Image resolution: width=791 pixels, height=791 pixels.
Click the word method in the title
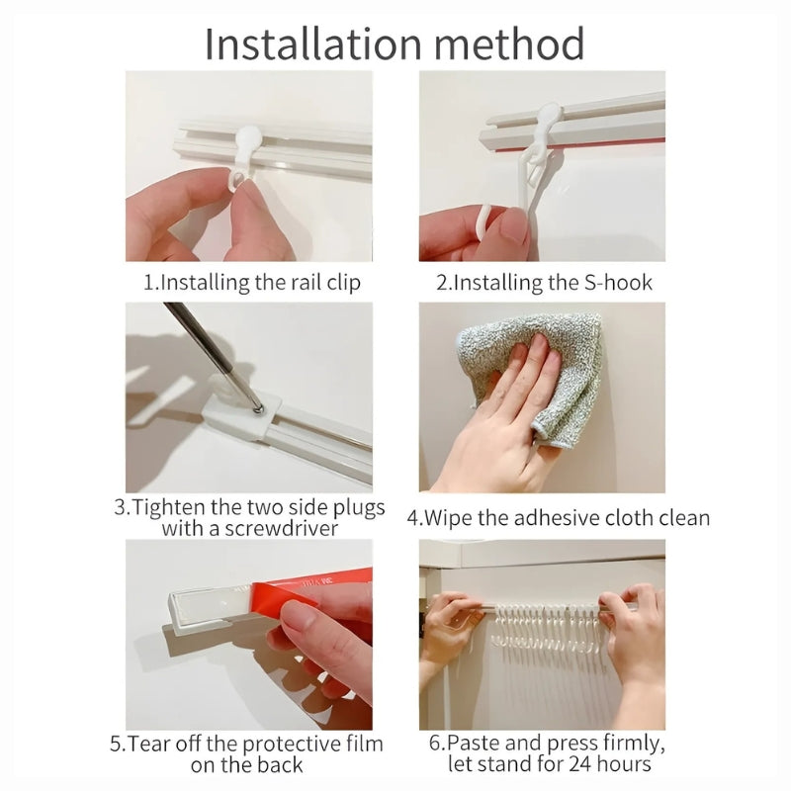pyautogui.click(x=509, y=44)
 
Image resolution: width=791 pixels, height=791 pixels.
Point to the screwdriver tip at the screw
pyautogui.click(x=258, y=409)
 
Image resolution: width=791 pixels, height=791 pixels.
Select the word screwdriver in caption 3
pyautogui.click(x=281, y=529)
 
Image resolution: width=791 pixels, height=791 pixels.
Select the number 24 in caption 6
pyautogui.click(x=580, y=763)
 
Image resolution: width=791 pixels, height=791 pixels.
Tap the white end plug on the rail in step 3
pyautogui.click(x=243, y=415)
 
